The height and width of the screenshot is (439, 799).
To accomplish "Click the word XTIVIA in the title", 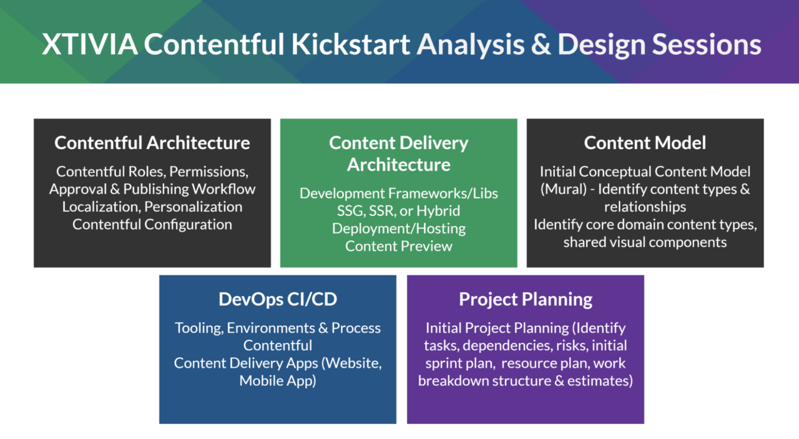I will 90,46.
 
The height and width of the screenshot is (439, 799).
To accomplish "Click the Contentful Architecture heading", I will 152,143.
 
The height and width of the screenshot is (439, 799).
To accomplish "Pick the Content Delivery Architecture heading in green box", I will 398,154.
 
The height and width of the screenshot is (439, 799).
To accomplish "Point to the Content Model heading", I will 645,143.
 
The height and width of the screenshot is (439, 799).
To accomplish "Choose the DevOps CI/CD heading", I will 277,299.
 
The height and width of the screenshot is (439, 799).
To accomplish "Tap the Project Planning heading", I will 526,299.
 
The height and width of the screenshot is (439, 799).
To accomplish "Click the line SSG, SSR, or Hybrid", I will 398,210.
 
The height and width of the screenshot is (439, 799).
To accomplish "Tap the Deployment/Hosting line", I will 398,228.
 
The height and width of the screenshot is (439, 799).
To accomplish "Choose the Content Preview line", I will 398,246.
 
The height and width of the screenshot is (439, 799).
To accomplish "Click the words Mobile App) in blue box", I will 277,380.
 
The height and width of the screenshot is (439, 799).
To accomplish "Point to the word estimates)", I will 599,380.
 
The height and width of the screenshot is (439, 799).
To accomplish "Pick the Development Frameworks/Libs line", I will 398,193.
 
